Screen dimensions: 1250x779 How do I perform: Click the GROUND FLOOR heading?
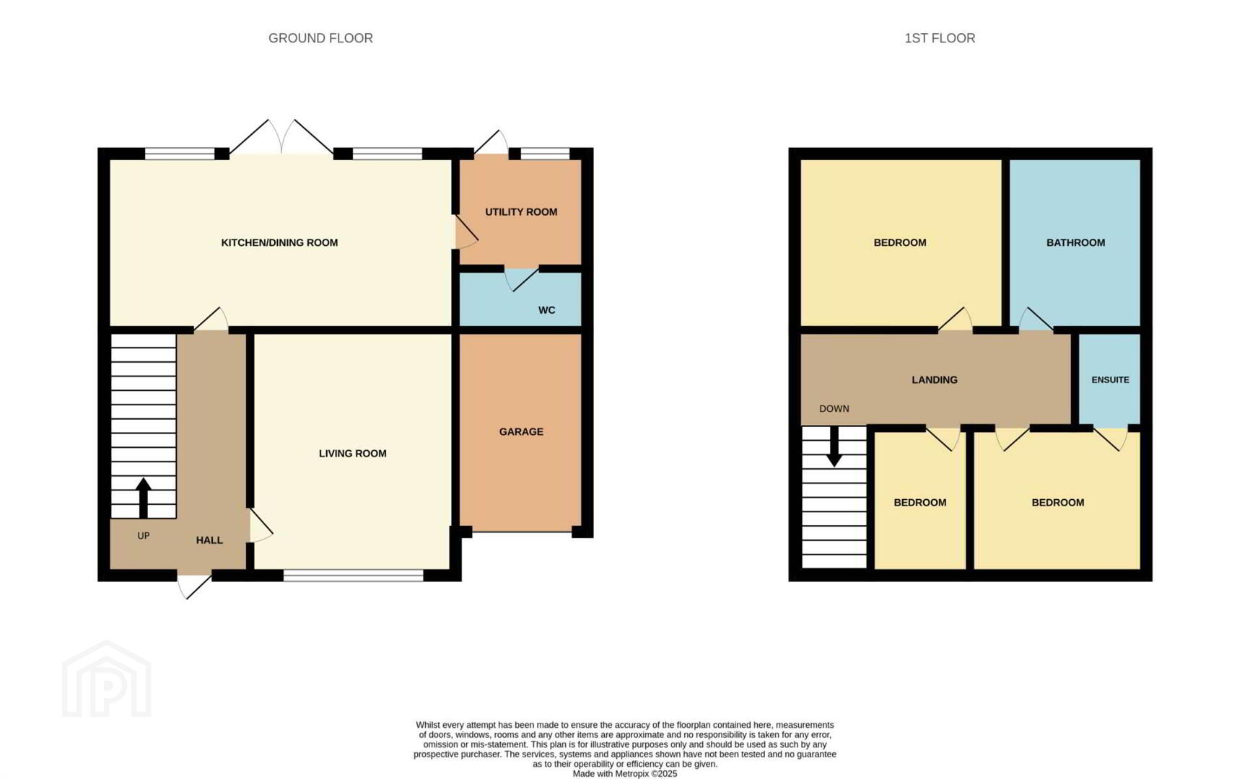pyautogui.click(x=320, y=38)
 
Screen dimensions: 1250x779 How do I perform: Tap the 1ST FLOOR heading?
pyautogui.click(x=940, y=38)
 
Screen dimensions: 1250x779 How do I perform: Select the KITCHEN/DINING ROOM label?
pyautogui.click(x=279, y=242)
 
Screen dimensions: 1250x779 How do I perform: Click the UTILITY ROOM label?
pyautogui.click(x=521, y=212)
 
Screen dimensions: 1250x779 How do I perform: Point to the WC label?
pyautogui.click(x=546, y=310)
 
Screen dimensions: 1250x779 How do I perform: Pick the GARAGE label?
pyautogui.click(x=521, y=431)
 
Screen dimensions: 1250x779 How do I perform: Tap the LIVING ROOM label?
pyautogui.click(x=353, y=453)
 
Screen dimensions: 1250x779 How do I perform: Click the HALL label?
pyautogui.click(x=209, y=540)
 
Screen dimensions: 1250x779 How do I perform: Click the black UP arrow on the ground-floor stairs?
pyautogui.click(x=144, y=498)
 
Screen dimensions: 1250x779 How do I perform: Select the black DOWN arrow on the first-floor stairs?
pyautogui.click(x=834, y=446)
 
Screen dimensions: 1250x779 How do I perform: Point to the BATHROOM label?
pyautogui.click(x=1075, y=242)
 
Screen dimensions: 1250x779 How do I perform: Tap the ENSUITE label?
pyautogui.click(x=1110, y=379)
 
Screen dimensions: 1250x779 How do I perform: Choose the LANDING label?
pyautogui.click(x=935, y=379)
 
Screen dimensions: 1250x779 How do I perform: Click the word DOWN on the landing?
pyautogui.click(x=834, y=408)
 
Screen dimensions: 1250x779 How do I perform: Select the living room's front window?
pyautogui.click(x=353, y=575)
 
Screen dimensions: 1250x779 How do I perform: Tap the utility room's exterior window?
pyautogui.click(x=545, y=153)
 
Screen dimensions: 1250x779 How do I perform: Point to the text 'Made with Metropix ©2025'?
pyautogui.click(x=625, y=773)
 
